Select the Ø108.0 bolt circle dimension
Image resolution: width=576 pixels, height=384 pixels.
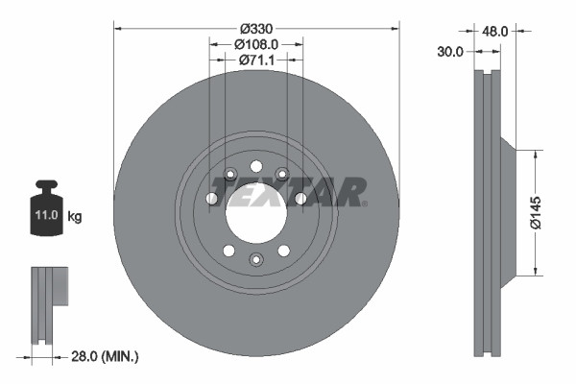tap(256, 44)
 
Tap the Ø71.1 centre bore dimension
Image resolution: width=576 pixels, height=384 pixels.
tap(256, 60)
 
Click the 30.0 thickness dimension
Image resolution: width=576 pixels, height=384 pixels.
tap(450, 52)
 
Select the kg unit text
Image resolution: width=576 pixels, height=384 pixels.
tap(74, 217)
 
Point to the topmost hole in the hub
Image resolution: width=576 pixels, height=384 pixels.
tap(256, 166)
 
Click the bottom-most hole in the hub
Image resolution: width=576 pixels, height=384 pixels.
tap(256, 259)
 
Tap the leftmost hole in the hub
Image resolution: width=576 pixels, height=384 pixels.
tap(212, 199)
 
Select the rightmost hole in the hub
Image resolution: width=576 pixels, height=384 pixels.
tap(300, 198)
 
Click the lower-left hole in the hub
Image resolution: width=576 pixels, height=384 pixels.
tap(228, 250)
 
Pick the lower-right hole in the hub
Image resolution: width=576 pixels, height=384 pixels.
tap(284, 250)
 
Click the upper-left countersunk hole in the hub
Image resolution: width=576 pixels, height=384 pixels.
tap(230, 174)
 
